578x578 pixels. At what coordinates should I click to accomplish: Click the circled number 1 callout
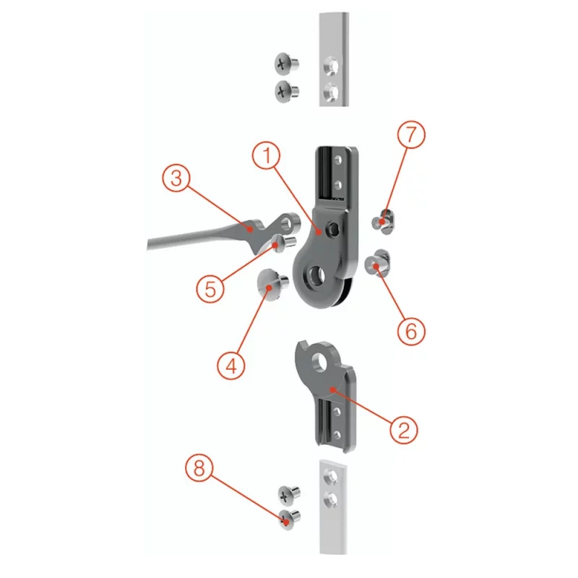(266, 155)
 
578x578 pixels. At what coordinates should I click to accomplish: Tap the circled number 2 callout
(404, 429)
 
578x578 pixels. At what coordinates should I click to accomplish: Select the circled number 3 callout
(176, 178)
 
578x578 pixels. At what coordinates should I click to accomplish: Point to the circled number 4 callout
(231, 366)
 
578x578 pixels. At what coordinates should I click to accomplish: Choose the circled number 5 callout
(210, 288)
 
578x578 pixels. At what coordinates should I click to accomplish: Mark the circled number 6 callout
(411, 331)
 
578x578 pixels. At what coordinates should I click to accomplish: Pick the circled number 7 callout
(411, 134)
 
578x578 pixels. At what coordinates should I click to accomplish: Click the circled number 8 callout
(199, 468)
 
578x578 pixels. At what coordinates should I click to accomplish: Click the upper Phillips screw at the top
(286, 64)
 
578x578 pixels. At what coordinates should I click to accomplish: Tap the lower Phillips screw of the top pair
(286, 91)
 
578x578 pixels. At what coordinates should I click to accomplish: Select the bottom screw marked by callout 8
(290, 519)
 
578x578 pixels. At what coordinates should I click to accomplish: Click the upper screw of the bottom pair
(289, 496)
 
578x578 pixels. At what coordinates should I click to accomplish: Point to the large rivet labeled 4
(272, 285)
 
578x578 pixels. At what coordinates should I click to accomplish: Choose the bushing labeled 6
(377, 263)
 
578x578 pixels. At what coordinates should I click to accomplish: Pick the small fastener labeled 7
(384, 221)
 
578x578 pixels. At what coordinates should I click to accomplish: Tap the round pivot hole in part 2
(321, 360)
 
